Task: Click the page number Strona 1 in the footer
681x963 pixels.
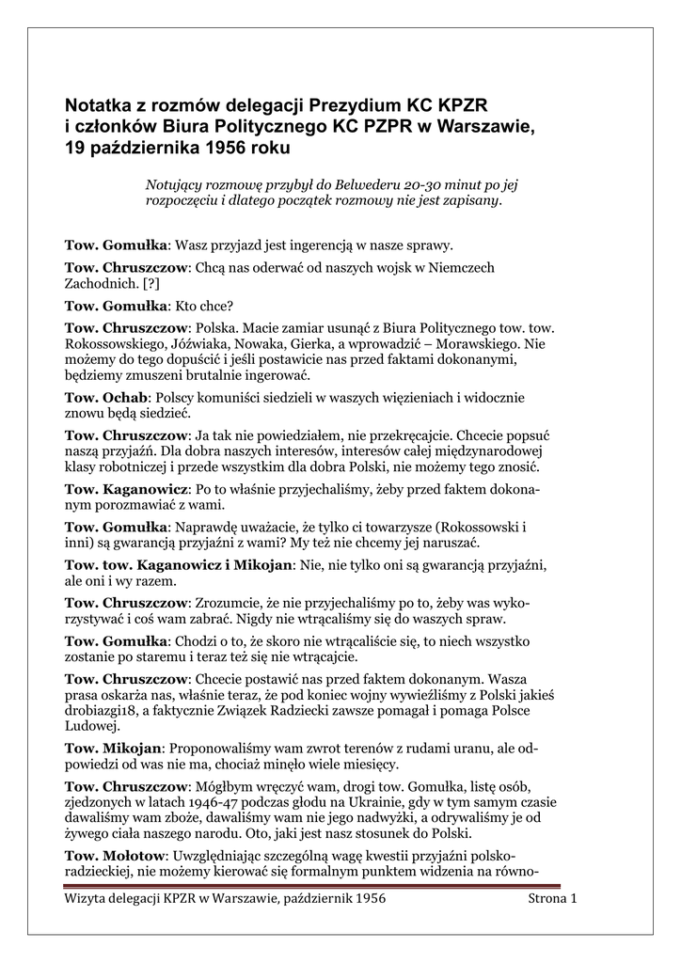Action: (552, 899)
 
